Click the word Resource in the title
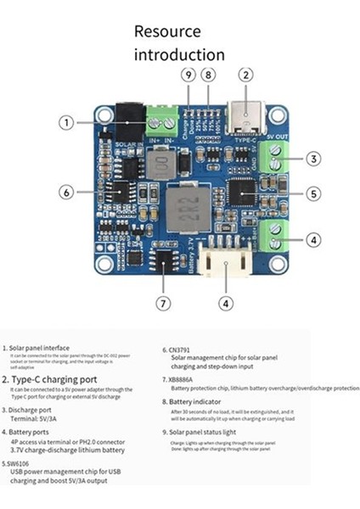click(x=168, y=31)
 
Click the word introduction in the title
click(x=180, y=54)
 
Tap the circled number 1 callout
click(x=66, y=123)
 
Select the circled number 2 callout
click(x=245, y=75)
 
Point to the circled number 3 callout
click(x=313, y=159)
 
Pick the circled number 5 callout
click(x=313, y=194)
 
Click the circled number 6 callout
click(x=65, y=193)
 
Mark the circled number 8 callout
click(x=209, y=75)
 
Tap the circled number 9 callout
click(x=188, y=75)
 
